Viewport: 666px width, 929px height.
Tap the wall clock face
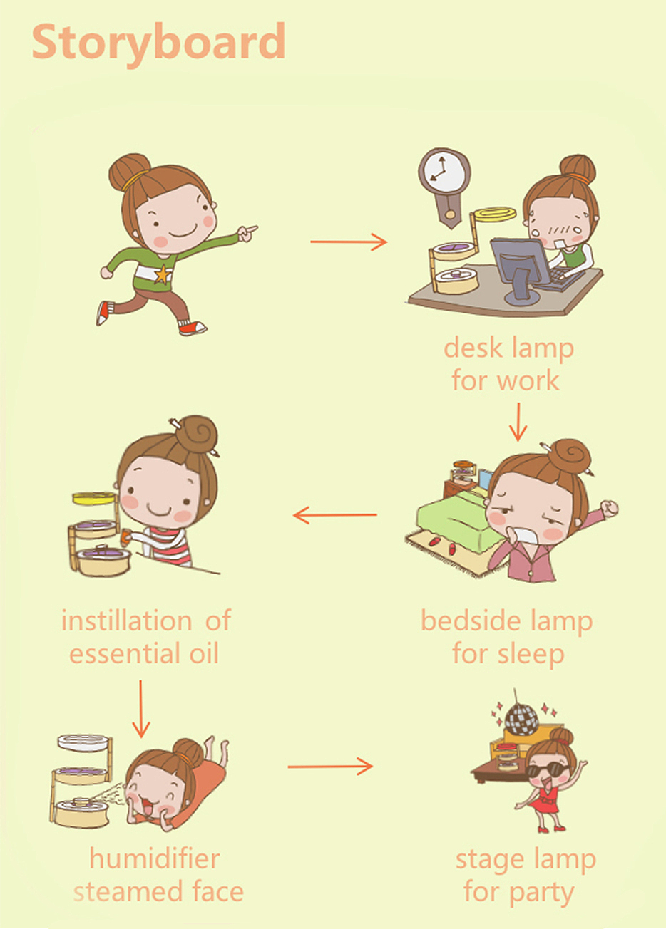444,170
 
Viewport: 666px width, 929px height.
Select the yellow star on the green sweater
163,274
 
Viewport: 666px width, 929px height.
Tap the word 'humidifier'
155,858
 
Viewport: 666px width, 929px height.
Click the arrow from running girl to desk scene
349,242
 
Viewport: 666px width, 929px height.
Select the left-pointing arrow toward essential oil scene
335,514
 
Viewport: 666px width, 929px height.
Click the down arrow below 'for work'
518,422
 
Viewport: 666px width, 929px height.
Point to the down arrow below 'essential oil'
141,709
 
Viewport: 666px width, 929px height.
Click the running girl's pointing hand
247,233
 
